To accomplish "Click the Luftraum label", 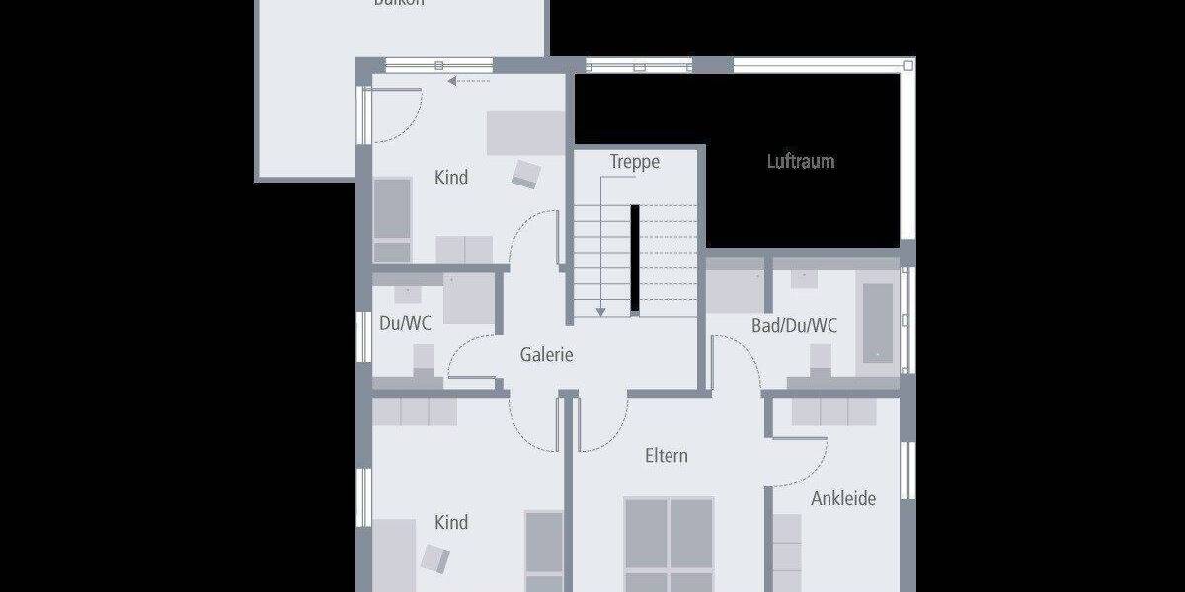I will (801, 161).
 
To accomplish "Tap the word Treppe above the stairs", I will (634, 162).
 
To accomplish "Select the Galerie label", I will (547, 355).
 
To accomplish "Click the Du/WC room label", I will (405, 323).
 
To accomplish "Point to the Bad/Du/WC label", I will (794, 325).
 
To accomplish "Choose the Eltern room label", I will (667, 456).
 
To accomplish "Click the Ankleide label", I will (843, 498).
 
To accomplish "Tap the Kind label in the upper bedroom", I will (451, 178).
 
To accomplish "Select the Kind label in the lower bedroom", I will (451, 522).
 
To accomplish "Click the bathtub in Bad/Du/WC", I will (878, 323).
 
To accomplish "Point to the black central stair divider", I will (636, 259).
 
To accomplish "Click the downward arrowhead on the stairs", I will (599, 312).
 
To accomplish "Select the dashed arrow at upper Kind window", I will (468, 82).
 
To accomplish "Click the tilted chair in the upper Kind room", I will (526, 174).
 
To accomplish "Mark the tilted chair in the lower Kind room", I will (435, 558).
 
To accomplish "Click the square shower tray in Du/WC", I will (467, 299).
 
